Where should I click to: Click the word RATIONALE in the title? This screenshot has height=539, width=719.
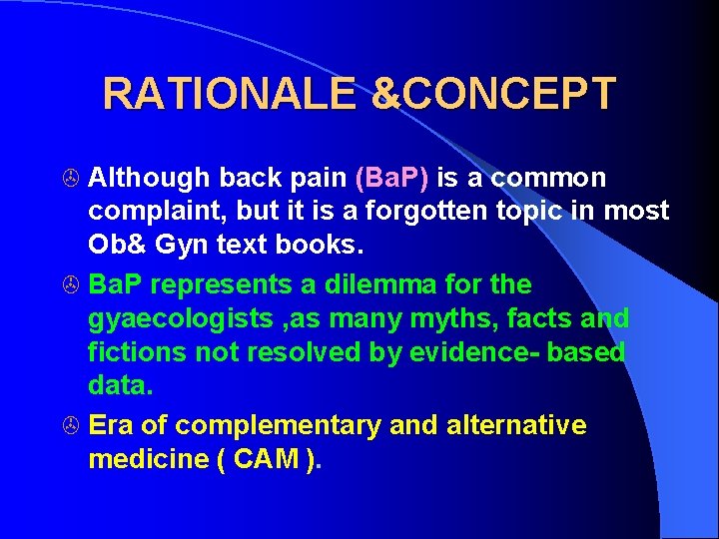pyautogui.click(x=229, y=94)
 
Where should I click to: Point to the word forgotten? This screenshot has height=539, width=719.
pyautogui.click(x=390, y=212)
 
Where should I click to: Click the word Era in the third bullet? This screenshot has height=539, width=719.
pyautogui.click(x=111, y=425)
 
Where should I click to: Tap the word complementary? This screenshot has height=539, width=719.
pyautogui.click(x=263, y=426)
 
